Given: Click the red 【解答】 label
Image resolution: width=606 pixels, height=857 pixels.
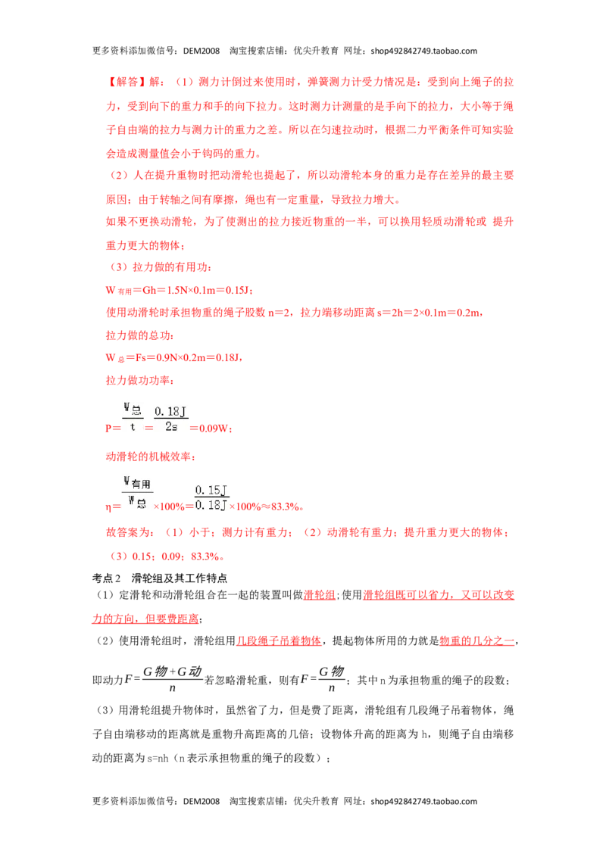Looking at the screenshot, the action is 126,82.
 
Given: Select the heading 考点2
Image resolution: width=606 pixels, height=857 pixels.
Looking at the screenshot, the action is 106,578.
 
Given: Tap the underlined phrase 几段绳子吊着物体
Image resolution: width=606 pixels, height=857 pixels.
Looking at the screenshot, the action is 279,640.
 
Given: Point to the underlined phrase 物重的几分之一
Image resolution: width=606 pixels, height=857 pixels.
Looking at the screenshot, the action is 477,640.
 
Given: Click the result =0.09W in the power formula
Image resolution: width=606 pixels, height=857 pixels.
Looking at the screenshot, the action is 211,428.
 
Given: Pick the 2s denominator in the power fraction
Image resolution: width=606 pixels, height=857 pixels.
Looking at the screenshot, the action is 171,426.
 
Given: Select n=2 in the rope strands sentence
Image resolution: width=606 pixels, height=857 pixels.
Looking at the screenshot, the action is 280,313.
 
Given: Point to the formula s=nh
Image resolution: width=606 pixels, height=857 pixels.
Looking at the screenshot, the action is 158,759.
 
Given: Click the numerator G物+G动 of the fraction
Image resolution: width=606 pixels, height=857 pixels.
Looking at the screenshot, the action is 172,672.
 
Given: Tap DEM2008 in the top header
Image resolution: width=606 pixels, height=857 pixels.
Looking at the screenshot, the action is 201,51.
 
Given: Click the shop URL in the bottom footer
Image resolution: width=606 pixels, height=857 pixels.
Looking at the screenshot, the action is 424,801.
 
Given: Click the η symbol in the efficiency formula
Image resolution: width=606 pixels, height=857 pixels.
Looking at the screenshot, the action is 108,507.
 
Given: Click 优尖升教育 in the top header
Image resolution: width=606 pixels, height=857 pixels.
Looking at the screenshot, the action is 316,51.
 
